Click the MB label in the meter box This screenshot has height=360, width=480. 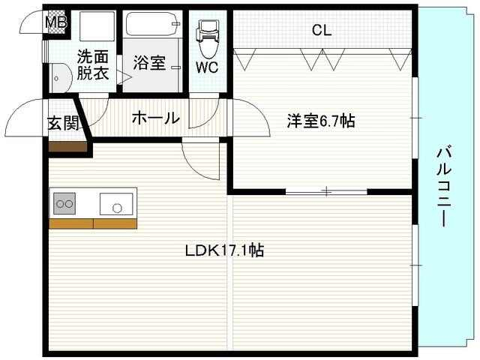[56, 22]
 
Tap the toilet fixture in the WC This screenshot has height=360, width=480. [208, 38]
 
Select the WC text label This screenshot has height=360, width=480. [207, 67]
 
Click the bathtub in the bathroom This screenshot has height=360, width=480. [152, 24]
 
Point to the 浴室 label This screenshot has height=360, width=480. [149, 62]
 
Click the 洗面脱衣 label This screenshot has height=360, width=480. [93, 64]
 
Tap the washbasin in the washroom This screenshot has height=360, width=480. [61, 78]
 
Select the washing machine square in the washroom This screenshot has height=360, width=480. [97, 26]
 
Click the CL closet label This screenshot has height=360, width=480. [322, 30]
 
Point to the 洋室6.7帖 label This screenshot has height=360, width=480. [321, 121]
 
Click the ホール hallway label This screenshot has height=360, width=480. [156, 118]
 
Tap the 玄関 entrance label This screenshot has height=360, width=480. [63, 123]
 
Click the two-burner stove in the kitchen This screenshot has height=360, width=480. [64, 203]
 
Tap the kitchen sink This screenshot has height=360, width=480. [116, 204]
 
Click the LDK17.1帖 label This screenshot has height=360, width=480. [224, 250]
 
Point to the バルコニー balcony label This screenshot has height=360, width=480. [444, 187]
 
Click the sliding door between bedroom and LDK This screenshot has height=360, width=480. [326, 192]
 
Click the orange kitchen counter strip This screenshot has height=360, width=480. [93, 223]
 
